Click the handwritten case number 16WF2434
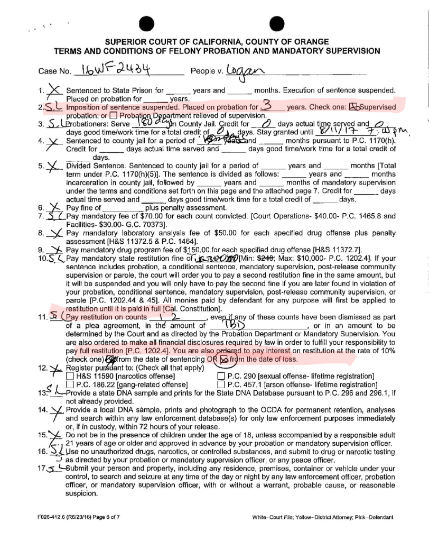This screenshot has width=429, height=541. (x=113, y=70)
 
